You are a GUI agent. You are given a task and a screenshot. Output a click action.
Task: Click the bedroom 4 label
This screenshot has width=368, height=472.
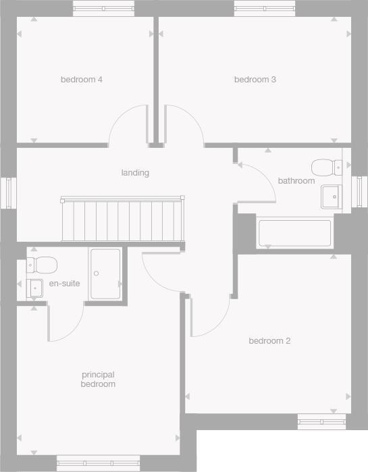[x=82, y=80]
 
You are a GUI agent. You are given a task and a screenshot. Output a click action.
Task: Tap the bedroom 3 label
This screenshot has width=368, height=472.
[x=255, y=80]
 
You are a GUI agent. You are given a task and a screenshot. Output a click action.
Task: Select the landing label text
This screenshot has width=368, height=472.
[x=135, y=173]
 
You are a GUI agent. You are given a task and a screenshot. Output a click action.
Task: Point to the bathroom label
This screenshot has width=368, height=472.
[x=296, y=181]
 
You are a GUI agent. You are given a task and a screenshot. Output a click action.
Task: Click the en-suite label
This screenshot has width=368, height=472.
[x=65, y=284]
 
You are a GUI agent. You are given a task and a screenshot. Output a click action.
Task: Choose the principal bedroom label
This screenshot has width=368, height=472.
[x=99, y=379]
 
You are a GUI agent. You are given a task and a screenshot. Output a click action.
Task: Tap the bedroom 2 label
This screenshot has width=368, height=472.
[x=269, y=341]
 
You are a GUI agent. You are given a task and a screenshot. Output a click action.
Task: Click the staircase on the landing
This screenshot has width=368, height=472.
[x=122, y=219]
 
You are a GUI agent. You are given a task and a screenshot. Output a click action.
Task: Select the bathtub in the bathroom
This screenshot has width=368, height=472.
[x=295, y=234]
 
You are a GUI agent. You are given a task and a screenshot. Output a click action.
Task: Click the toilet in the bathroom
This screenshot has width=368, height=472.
[x=327, y=166]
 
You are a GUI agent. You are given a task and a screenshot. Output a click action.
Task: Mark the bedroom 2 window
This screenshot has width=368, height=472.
[x=321, y=423]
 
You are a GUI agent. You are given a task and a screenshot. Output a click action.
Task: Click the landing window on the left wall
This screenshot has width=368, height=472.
[x=9, y=193]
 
